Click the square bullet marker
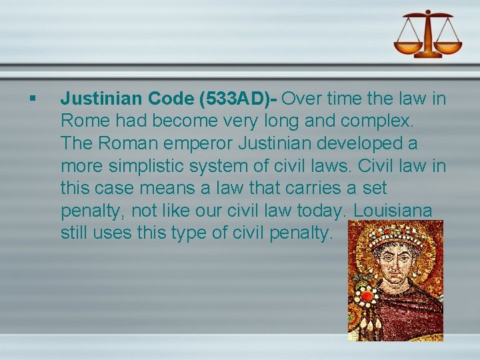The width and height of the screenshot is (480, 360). [31, 98]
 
